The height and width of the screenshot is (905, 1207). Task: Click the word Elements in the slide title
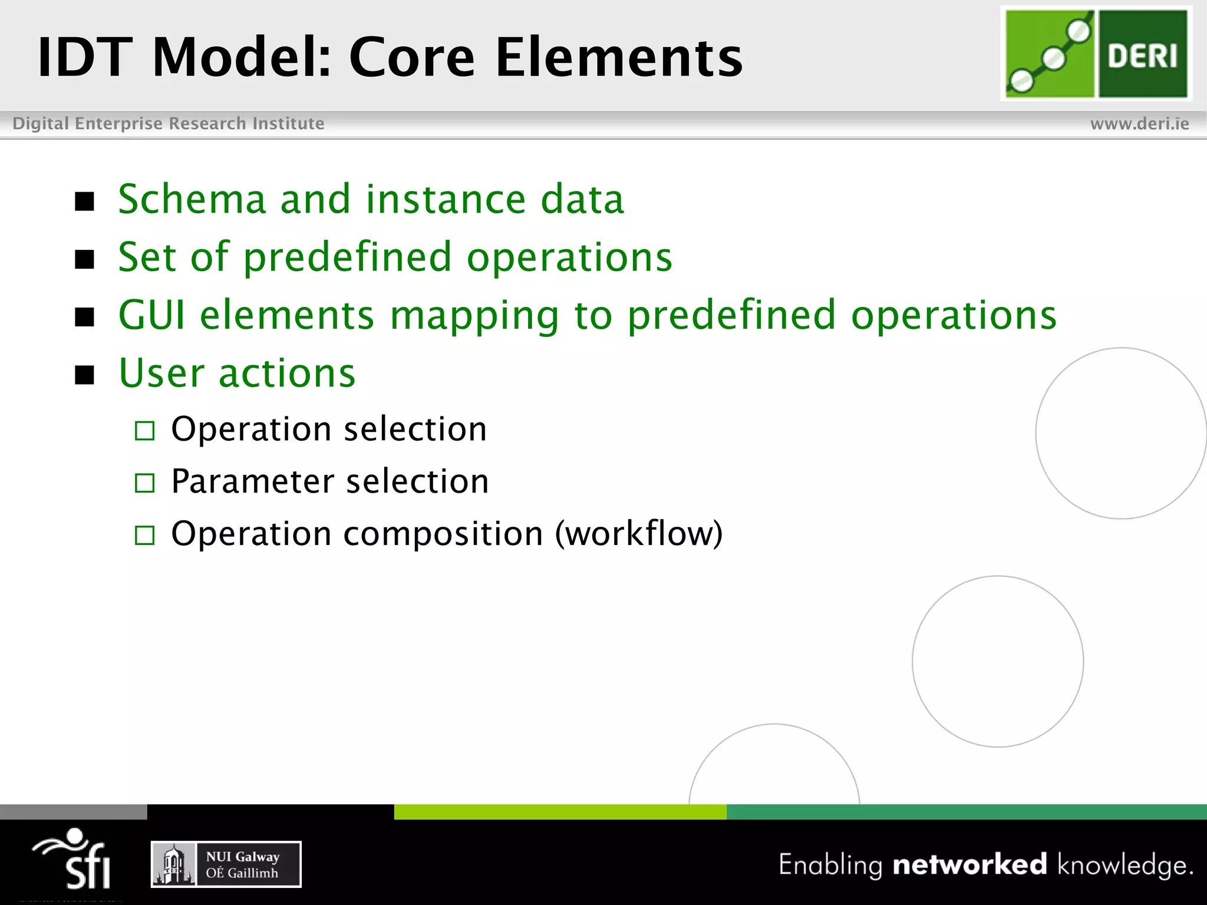pyautogui.click(x=619, y=57)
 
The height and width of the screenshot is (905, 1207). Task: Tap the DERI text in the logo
pyautogui.click(x=1142, y=56)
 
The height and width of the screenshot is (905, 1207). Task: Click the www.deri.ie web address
pyautogui.click(x=1139, y=124)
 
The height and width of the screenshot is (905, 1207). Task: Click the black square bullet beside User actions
pyautogui.click(x=85, y=375)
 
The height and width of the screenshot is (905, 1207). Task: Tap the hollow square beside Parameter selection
pyautogui.click(x=144, y=483)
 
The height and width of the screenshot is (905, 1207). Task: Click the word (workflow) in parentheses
pyautogui.click(x=639, y=534)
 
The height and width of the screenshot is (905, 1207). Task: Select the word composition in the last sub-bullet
pyautogui.click(x=443, y=534)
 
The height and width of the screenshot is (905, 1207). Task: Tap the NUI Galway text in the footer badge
pyautogui.click(x=242, y=857)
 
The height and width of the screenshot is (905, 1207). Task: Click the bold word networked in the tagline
pyautogui.click(x=969, y=864)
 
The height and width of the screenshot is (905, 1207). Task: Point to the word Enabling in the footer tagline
pyautogui.click(x=830, y=865)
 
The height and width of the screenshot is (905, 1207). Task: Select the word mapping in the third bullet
pyautogui.click(x=474, y=316)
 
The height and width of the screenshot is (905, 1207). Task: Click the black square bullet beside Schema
pyautogui.click(x=85, y=202)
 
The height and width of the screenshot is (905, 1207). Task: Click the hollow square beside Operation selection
pyautogui.click(x=144, y=431)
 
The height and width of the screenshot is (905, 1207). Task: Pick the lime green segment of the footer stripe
pyautogui.click(x=560, y=812)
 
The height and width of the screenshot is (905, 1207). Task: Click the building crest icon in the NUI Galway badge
pyautogui.click(x=173, y=864)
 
